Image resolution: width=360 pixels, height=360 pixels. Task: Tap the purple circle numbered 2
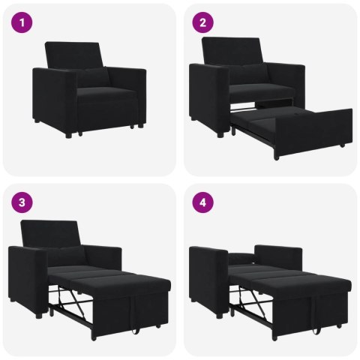click(x=202, y=22)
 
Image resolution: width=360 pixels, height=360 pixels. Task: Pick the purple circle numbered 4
click(x=202, y=202)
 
